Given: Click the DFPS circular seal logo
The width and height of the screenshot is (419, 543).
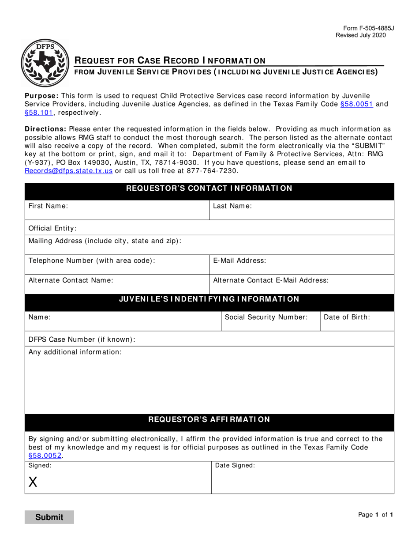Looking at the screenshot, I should point(45,62).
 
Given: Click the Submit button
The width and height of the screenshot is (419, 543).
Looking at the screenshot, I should point(49,517).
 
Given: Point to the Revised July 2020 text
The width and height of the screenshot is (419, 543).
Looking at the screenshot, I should point(360,35).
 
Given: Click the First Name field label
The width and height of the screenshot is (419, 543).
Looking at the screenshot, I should point(48,206).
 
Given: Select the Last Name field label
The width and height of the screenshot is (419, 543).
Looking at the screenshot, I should point(232,206).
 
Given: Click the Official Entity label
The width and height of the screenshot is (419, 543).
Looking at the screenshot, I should point(52,228).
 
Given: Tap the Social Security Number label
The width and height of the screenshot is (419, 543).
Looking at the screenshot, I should point(266,317).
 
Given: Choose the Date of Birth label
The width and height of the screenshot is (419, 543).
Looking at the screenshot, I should point(347,317).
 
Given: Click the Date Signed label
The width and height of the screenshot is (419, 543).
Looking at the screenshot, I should point(235,465).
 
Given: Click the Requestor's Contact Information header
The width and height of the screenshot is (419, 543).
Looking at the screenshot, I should point(209,189).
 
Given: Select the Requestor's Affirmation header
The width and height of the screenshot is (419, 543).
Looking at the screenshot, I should point(209,419).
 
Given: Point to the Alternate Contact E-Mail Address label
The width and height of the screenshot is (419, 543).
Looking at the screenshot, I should point(271,280).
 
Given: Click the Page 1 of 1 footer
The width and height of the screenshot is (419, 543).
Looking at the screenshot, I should point(375,514).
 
